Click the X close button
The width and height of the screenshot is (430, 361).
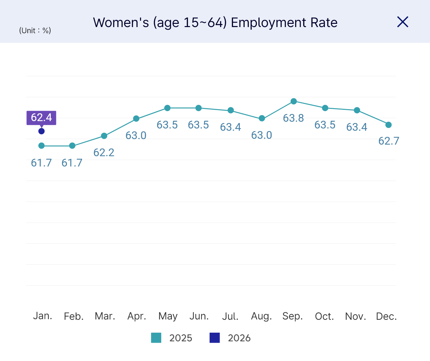click(x=403, y=22)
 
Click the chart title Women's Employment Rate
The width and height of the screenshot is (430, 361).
click(x=215, y=23)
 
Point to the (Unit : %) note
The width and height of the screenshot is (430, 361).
click(x=35, y=31)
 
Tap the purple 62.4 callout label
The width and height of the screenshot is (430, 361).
click(x=41, y=118)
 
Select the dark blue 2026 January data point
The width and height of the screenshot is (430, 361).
click(x=42, y=131)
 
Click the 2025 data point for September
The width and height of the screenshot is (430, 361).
click(x=294, y=101)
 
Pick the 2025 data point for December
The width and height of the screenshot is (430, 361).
click(x=388, y=125)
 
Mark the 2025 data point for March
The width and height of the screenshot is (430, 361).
click(x=104, y=136)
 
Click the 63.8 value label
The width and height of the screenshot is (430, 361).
click(x=293, y=118)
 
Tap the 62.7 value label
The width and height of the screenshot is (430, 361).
click(x=388, y=141)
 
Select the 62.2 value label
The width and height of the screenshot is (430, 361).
click(x=104, y=153)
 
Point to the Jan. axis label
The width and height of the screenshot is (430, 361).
click(x=42, y=316)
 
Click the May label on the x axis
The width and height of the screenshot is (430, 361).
click(x=168, y=316)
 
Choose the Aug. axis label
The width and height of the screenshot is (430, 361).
click(x=261, y=316)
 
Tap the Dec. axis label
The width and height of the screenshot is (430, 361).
click(x=386, y=317)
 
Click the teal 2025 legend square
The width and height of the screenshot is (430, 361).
click(x=156, y=338)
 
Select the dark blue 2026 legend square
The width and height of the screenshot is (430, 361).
click(x=215, y=338)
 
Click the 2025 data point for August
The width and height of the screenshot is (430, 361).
click(x=262, y=119)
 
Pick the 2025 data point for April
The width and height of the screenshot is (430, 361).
click(x=136, y=119)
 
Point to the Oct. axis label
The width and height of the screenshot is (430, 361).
click(x=324, y=317)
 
